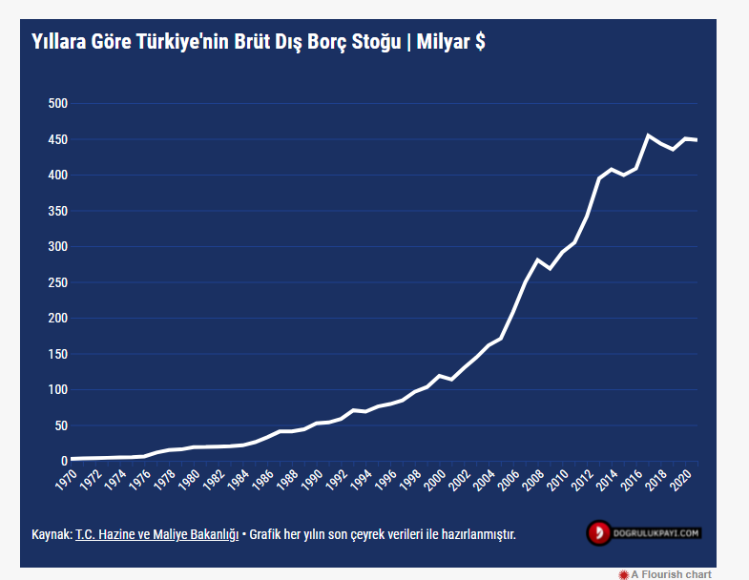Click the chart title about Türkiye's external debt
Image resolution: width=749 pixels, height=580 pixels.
[258, 42]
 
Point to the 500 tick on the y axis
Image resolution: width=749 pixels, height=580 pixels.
[57, 103]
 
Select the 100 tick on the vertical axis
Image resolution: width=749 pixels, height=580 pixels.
[57, 389]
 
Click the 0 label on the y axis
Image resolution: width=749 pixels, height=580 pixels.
[63, 461]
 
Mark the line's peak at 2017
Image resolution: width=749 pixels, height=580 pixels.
[648, 135]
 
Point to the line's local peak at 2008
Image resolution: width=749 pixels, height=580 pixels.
[537, 259]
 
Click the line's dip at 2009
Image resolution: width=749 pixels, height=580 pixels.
[550, 268]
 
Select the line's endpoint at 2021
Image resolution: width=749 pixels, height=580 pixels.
[697, 140]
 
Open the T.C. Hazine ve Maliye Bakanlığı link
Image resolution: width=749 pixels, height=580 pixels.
[156, 534]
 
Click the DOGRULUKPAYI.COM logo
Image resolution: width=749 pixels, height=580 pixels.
[644, 532]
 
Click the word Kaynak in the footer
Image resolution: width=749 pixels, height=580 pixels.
[51, 534]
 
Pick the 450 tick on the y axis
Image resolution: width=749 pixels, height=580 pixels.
[57, 139]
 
